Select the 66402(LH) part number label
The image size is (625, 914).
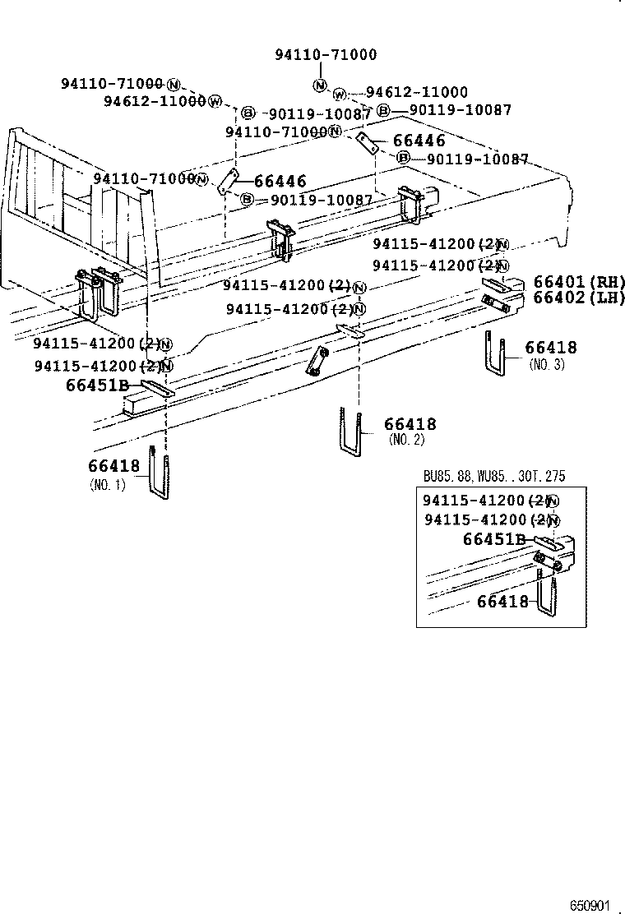pyautogui.click(x=579, y=298)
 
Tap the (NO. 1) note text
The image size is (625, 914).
pyautogui.click(x=108, y=484)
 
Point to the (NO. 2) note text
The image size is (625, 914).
pyautogui.click(x=407, y=440)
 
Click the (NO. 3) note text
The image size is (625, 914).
pyautogui.click(x=547, y=364)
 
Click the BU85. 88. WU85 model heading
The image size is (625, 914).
pyautogui.click(x=493, y=477)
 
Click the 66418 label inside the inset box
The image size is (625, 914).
pyautogui.click(x=502, y=602)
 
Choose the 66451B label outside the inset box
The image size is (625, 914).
pyautogui.click(x=97, y=384)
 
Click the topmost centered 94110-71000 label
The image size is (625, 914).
pyautogui.click(x=326, y=55)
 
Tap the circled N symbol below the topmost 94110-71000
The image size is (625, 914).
pyautogui.click(x=319, y=85)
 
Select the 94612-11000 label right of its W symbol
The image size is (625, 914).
pyautogui.click(x=416, y=93)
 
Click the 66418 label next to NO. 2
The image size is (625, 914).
pyautogui.click(x=410, y=424)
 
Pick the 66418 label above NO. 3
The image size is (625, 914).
pyautogui.click(x=550, y=348)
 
